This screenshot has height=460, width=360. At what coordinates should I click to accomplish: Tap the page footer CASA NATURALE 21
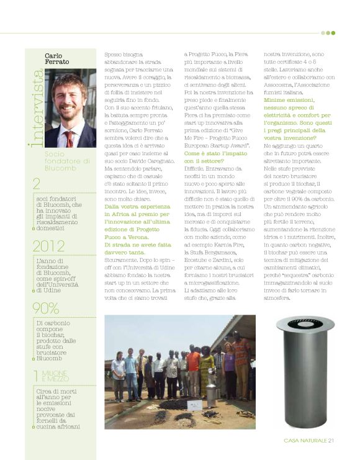pos(309,441)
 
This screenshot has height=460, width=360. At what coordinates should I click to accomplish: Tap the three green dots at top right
pos(328,33)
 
